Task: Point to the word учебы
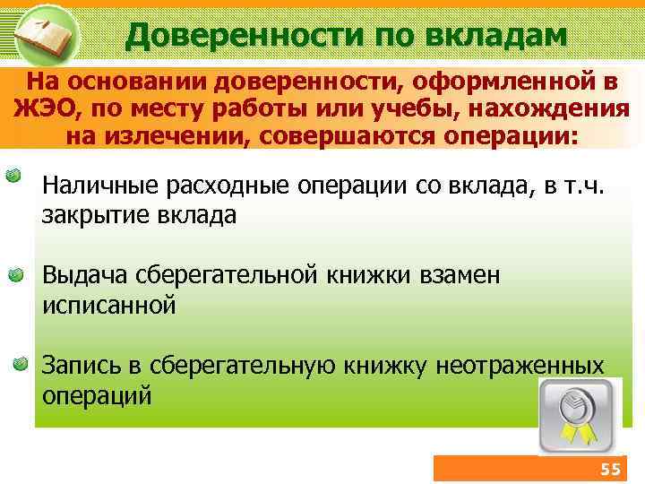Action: (x=389, y=109)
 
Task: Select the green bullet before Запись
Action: (x=21, y=364)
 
